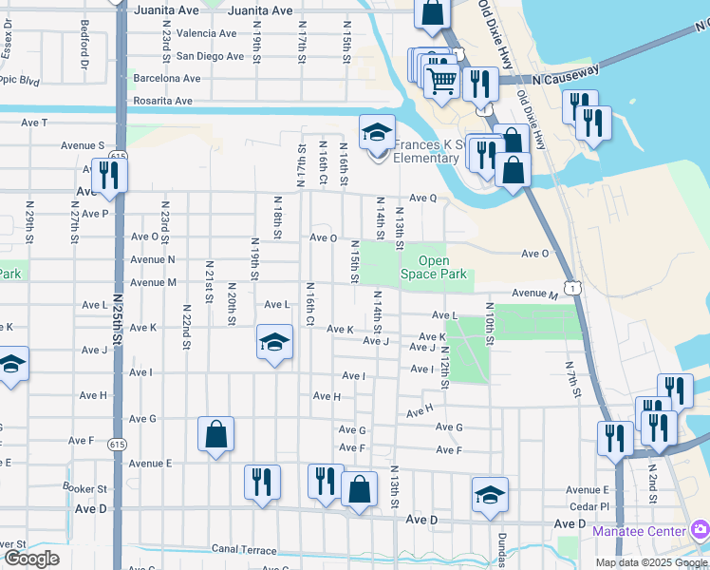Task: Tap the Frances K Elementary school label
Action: [x=426, y=151]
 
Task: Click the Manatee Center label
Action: [x=639, y=530]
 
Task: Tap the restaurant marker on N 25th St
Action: [x=109, y=175]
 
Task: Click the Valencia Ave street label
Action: [x=199, y=33]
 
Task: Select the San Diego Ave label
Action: [x=209, y=56]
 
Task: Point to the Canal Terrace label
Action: [x=244, y=550]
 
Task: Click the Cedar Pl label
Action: [x=589, y=505]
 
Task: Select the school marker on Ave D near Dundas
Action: [x=491, y=494]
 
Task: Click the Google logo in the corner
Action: [x=31, y=558]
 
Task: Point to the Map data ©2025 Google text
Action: [x=652, y=562]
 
